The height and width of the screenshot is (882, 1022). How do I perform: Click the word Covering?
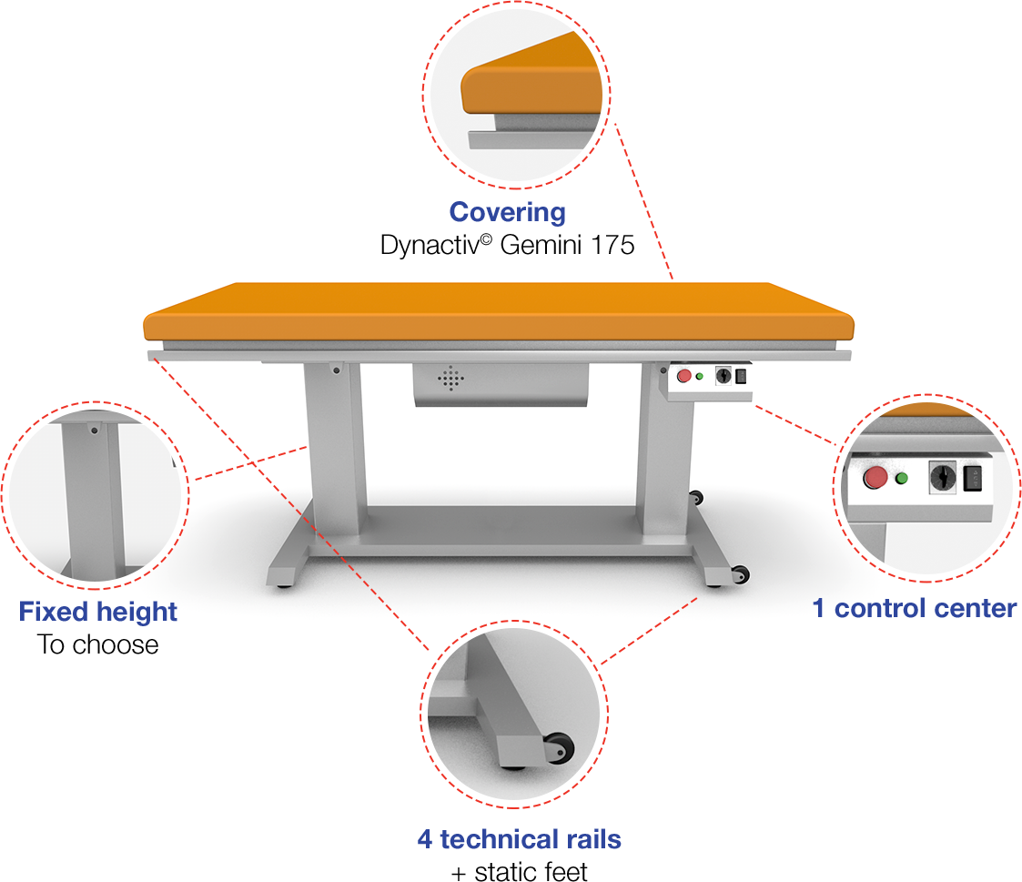(x=507, y=212)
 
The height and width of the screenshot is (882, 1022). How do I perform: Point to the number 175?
(x=612, y=245)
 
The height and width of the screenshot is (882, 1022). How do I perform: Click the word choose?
(x=116, y=644)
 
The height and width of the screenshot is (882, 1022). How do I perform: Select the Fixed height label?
(x=98, y=612)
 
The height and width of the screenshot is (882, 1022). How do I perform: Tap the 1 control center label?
(x=914, y=608)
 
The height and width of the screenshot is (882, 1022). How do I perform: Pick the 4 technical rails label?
(x=519, y=838)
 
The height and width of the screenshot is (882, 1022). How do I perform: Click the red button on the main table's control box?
(x=683, y=376)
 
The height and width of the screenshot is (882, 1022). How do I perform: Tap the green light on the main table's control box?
(x=699, y=376)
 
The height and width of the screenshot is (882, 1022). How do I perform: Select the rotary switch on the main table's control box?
(x=724, y=375)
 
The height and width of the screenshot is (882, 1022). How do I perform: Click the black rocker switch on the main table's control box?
(x=742, y=375)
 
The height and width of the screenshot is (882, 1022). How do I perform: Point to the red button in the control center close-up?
(x=875, y=477)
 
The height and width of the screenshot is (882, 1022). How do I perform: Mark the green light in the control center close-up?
(x=902, y=478)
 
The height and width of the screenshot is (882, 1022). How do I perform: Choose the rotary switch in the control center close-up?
(x=942, y=476)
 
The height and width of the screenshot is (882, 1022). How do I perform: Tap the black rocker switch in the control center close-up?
(x=974, y=476)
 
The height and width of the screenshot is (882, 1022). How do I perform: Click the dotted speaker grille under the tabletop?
(x=450, y=379)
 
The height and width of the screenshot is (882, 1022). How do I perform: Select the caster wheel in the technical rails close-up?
(x=557, y=748)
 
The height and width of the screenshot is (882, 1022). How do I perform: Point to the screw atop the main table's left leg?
(x=336, y=370)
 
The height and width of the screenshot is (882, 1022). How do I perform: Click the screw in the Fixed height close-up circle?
(x=92, y=429)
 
